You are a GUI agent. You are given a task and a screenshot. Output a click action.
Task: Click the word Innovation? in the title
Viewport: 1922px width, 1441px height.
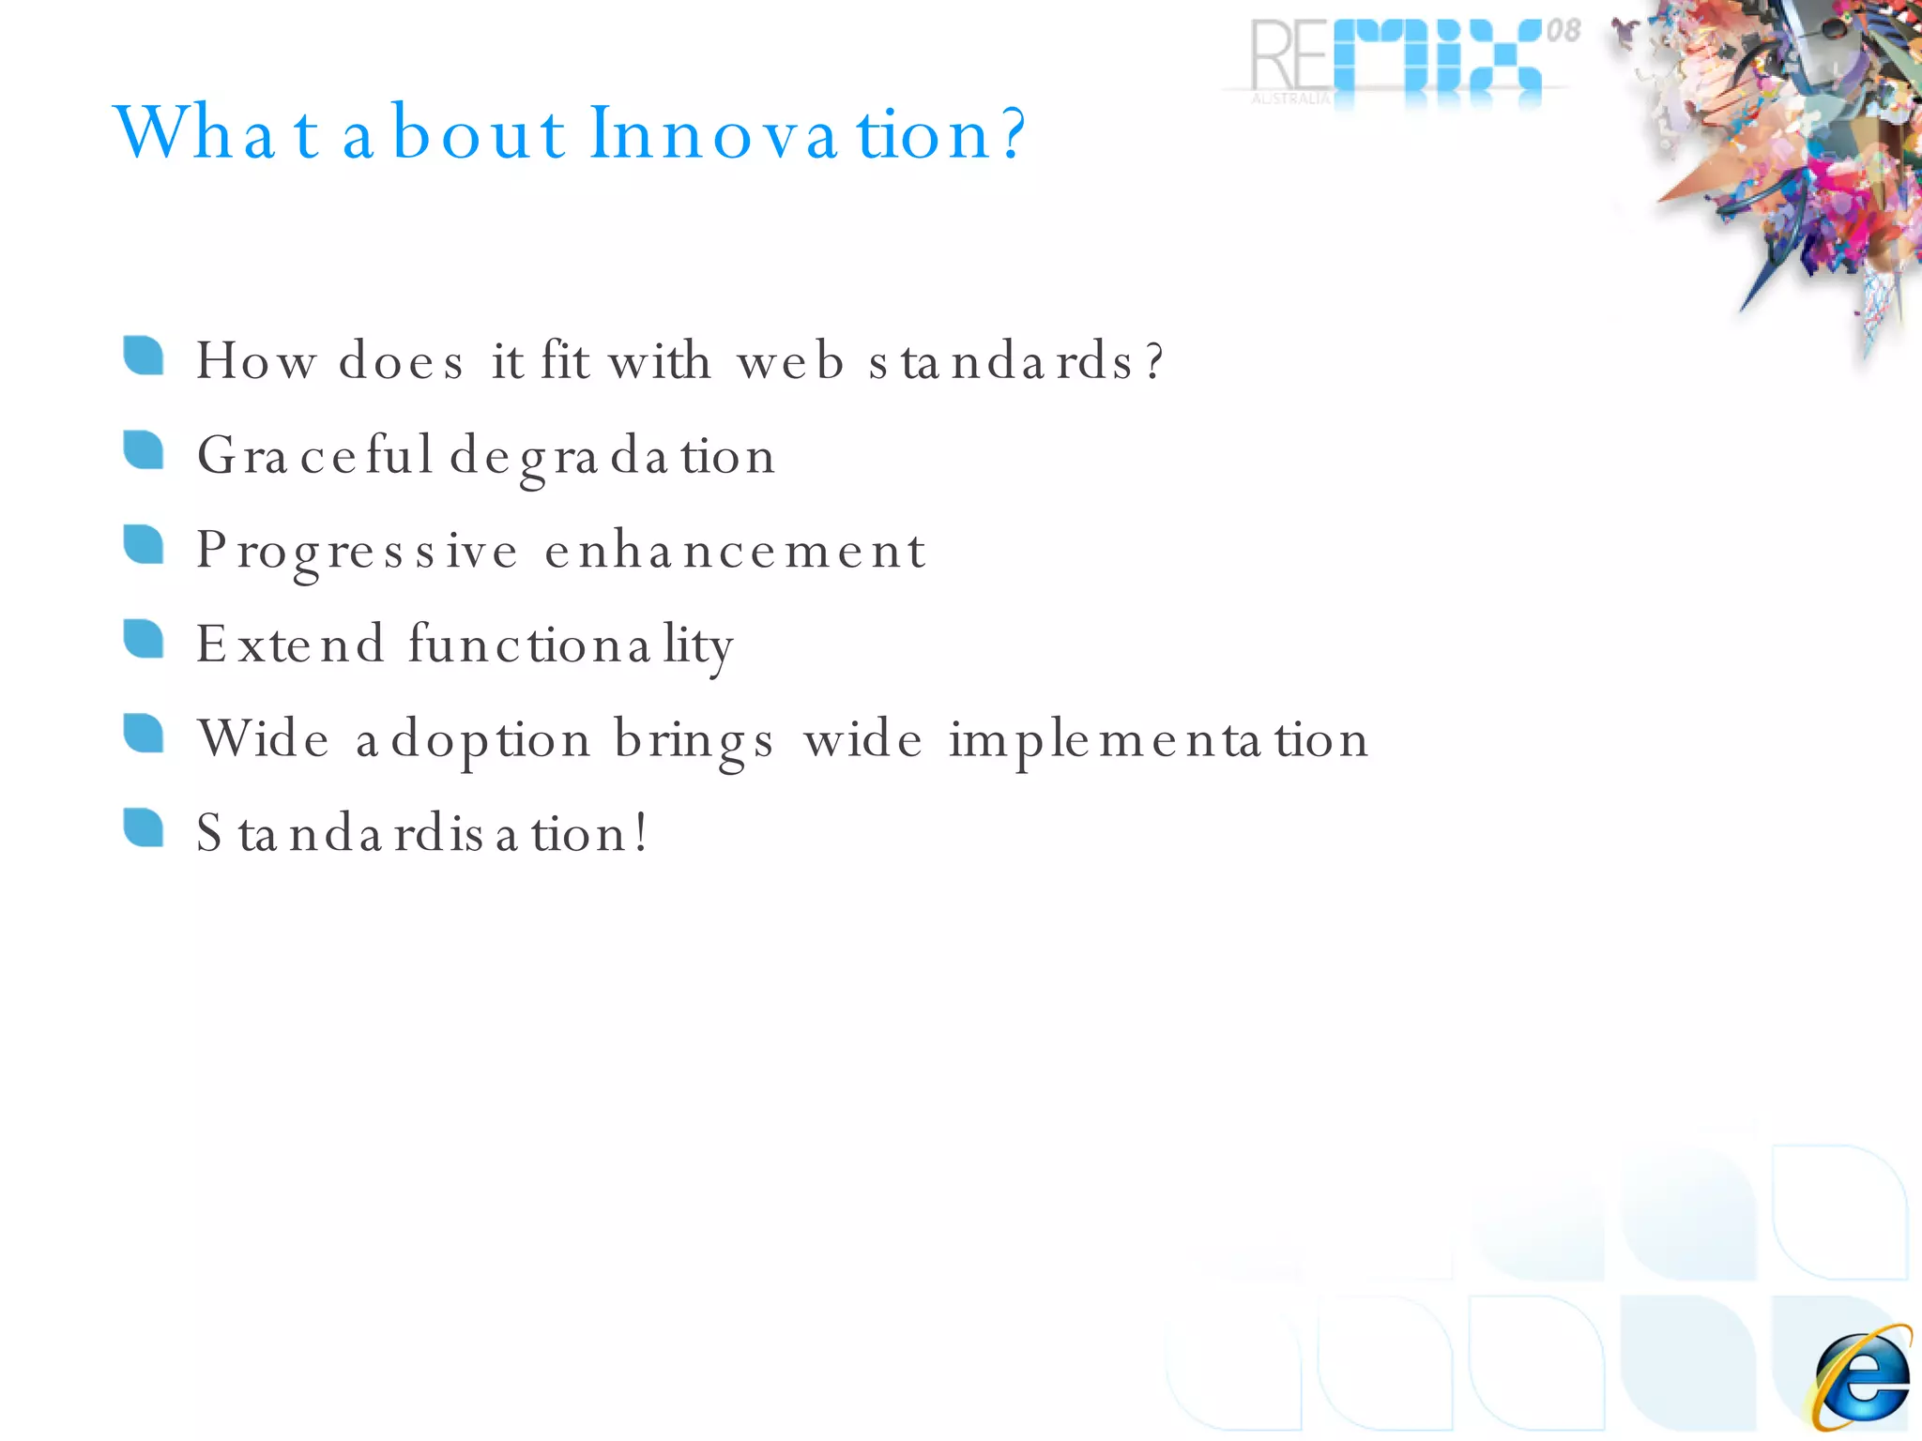tap(808, 133)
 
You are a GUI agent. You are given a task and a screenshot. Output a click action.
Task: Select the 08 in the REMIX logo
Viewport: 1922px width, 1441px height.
tap(1563, 31)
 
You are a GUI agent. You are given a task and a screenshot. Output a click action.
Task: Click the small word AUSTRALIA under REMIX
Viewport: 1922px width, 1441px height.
tap(1290, 99)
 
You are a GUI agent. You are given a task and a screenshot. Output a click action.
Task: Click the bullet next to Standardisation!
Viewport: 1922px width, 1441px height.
tap(144, 827)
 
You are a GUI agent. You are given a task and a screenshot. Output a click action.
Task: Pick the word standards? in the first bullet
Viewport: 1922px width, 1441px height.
tap(1015, 361)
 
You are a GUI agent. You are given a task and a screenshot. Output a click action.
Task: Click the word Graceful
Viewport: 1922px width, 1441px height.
tap(314, 456)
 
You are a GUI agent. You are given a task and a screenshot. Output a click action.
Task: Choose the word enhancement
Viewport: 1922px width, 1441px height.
tap(735, 551)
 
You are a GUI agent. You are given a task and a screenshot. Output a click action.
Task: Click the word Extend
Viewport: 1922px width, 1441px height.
tap(290, 645)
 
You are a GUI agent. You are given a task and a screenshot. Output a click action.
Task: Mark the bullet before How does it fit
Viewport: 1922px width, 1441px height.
tap(144, 356)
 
